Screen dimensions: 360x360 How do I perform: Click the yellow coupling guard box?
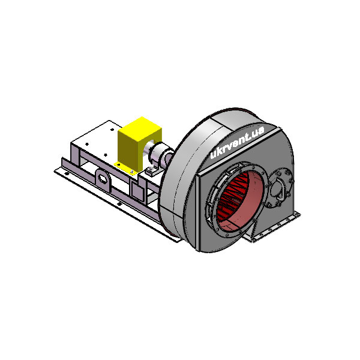point(139,143)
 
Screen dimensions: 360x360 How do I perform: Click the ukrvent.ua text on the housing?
point(237,142)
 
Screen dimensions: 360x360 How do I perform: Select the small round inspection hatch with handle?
point(281,187)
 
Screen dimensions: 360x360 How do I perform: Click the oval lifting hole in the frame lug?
point(102,178)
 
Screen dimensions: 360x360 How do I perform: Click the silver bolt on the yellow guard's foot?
point(132,172)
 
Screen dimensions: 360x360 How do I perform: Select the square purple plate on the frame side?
point(137,189)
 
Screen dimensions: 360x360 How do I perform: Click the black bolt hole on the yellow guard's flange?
point(118,164)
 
